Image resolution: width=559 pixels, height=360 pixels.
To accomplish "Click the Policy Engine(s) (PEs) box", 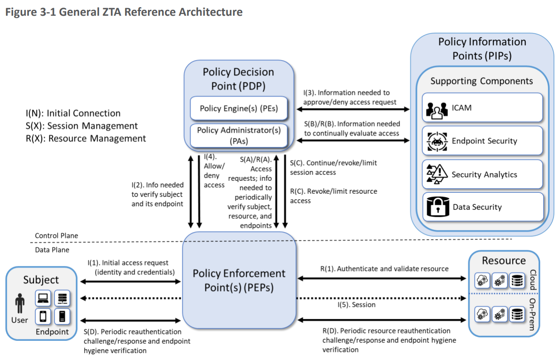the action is (x=239, y=109).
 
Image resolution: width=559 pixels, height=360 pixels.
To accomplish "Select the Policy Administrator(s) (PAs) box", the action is (x=239, y=136).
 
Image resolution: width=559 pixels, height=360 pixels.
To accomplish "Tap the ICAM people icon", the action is (x=437, y=110).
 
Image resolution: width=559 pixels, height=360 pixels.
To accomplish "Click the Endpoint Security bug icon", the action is (x=437, y=142).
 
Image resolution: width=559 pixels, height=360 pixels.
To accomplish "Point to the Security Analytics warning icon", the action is (x=437, y=174).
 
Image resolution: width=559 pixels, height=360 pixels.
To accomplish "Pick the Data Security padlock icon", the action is (x=438, y=207).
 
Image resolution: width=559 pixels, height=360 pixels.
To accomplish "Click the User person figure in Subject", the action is (x=20, y=303).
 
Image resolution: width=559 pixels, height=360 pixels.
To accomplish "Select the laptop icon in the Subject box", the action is (x=43, y=298).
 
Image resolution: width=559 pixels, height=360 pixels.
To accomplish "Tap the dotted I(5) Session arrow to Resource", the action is (x=381, y=298).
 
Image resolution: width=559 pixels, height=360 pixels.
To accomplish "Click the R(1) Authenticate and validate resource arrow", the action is (x=382, y=278).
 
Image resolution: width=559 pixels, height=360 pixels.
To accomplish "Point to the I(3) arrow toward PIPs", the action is (x=353, y=109).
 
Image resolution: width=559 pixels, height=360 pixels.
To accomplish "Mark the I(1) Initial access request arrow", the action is (x=131, y=282).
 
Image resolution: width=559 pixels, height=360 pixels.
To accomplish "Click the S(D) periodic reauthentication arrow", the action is (x=131, y=320).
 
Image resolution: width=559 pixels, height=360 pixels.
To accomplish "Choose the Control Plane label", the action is (x=57, y=235).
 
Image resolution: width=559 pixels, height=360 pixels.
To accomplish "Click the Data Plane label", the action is (x=52, y=250).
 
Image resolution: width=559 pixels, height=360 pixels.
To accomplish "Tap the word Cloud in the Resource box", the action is (x=533, y=280).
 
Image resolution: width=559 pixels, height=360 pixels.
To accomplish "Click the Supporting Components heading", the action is (x=482, y=81).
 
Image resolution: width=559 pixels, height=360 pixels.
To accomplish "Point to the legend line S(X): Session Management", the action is (x=82, y=126).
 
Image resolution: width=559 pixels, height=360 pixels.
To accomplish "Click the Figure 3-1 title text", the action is (x=124, y=12).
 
